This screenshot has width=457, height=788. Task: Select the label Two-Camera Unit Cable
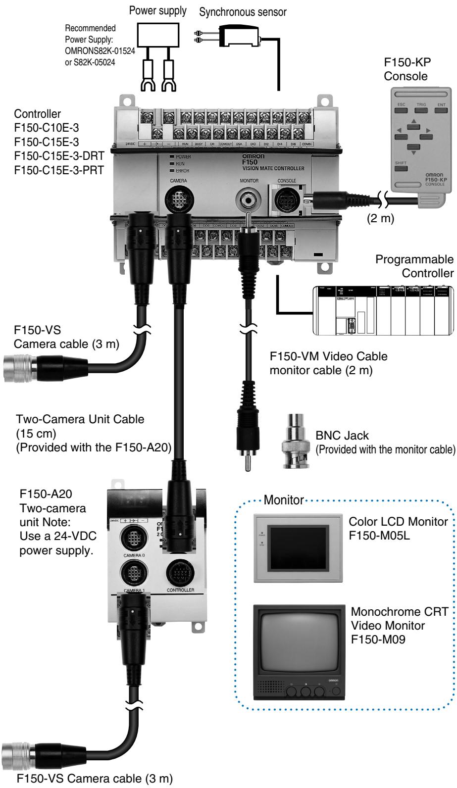pos(80,419)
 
